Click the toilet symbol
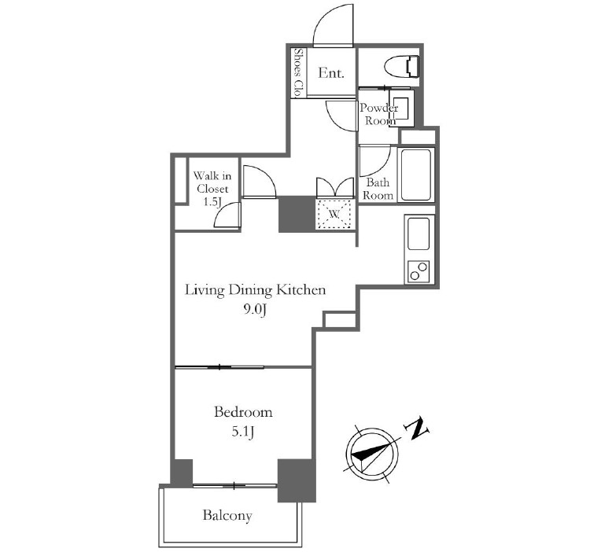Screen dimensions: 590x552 point(402,67)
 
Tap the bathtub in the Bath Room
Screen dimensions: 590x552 point(416,175)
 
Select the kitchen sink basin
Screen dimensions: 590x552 point(419,233)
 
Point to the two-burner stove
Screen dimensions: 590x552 point(419,270)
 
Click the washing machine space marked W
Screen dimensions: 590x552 point(334,214)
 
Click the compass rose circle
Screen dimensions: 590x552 point(373,454)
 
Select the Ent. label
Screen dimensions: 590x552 point(331,72)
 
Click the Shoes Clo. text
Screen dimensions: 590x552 point(299,72)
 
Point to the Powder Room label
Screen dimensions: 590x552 point(378,114)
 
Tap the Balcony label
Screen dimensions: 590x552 point(227,515)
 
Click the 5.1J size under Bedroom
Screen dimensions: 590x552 point(243,432)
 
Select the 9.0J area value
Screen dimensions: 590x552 point(255,310)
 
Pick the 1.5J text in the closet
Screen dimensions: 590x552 point(212,202)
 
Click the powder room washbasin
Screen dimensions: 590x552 point(402,108)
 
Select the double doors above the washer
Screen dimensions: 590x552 point(335,187)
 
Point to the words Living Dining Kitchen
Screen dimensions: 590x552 point(255,290)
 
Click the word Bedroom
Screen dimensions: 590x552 point(243,412)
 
